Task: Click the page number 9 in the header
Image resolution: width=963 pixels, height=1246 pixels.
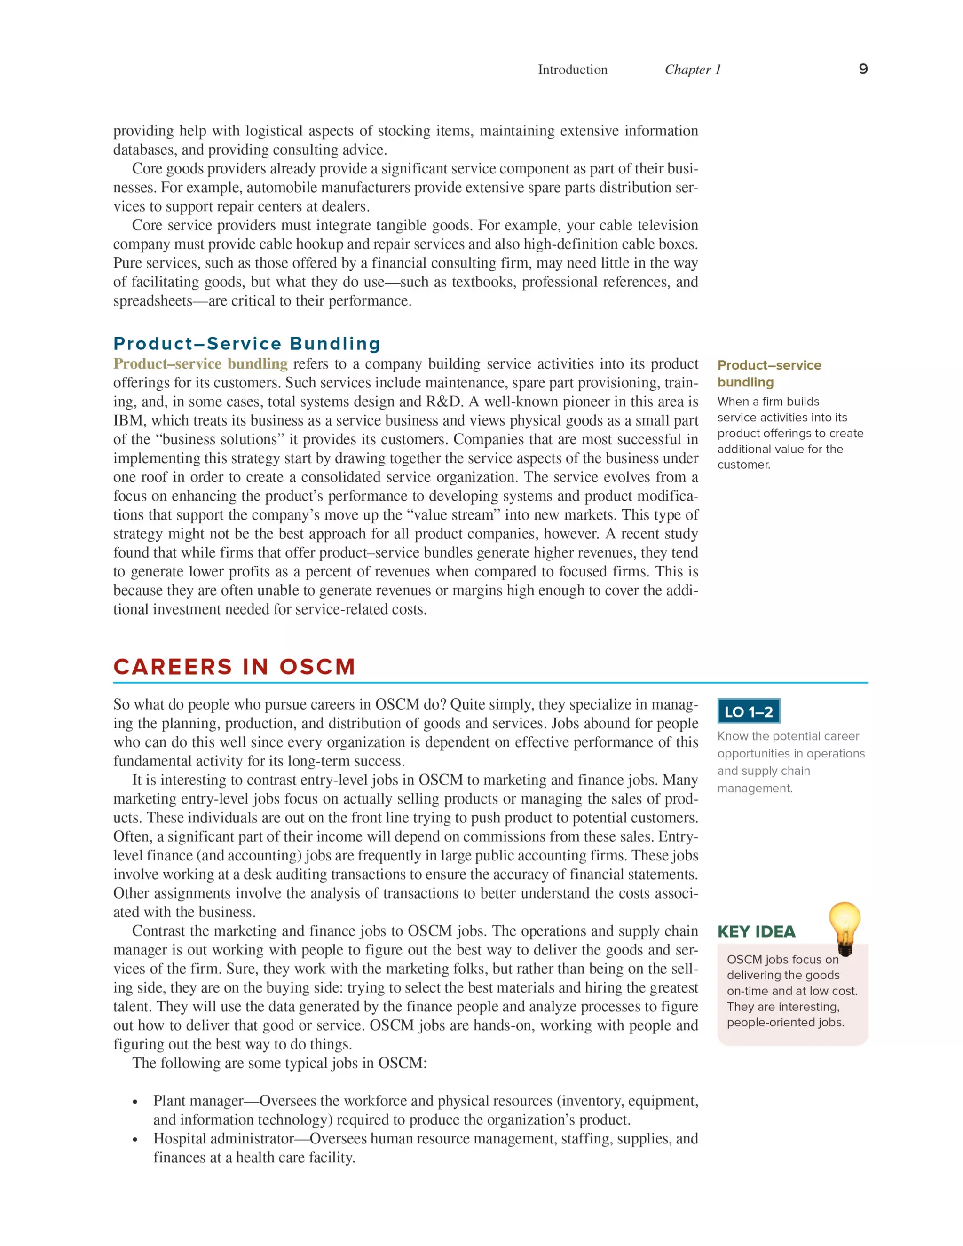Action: click(863, 69)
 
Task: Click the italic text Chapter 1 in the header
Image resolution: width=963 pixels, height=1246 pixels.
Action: click(693, 70)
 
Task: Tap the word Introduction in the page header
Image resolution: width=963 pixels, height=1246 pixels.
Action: click(572, 70)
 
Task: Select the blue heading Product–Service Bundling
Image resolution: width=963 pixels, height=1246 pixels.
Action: click(247, 343)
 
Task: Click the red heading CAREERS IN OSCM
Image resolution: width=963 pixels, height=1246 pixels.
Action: click(234, 666)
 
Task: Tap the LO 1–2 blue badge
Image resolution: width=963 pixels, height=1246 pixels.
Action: click(748, 711)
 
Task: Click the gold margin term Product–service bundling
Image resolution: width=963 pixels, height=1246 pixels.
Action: click(768, 373)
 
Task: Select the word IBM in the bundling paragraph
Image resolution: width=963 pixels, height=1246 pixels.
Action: click(128, 420)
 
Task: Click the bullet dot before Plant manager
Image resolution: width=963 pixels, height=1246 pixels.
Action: click(135, 1102)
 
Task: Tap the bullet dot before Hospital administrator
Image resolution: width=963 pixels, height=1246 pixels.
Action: click(135, 1140)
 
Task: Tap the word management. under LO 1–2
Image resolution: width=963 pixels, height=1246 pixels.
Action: click(755, 788)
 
